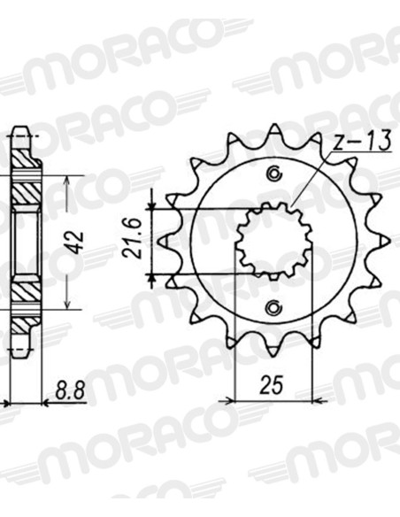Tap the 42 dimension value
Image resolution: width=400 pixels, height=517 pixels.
(77, 243)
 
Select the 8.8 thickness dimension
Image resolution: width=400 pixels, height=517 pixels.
(71, 390)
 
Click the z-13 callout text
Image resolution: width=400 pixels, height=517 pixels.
(361, 142)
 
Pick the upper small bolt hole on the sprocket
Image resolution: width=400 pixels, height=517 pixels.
(273, 174)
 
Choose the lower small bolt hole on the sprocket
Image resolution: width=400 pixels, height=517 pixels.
(273, 308)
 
